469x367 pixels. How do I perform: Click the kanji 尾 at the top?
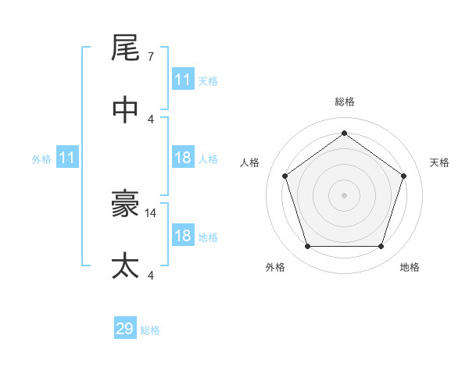126,48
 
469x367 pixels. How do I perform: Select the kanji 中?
126,110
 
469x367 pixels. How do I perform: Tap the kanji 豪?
126,205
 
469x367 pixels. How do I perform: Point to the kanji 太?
126,266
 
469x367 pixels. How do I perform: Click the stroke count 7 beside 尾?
150,57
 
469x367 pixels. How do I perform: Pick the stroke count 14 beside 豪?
152,212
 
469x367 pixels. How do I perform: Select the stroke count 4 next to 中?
150,119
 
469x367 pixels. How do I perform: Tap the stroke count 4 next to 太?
150,275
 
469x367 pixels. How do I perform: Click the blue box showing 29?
125,329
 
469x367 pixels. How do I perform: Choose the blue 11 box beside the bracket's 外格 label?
67,159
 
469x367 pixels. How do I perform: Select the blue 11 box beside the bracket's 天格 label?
183,80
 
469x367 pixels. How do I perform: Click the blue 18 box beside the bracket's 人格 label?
183,158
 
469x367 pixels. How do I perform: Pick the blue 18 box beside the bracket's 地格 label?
183,236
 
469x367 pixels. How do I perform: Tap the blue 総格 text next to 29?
151,330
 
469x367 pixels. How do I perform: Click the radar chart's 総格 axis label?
344,102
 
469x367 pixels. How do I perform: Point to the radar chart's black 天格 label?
440,162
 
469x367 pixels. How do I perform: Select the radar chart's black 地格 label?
410,267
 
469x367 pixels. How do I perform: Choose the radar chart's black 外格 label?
275,267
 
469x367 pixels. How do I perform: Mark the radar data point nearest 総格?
344,133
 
